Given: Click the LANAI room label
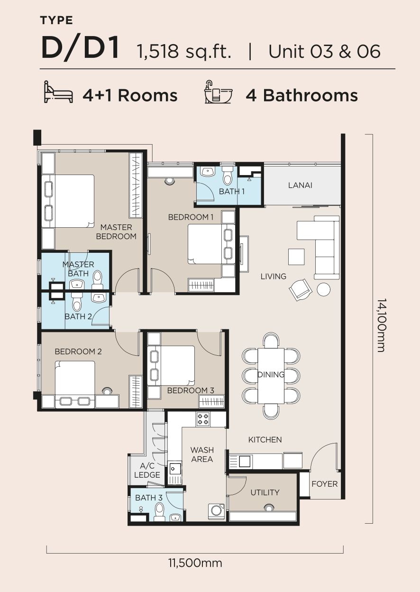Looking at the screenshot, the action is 300,185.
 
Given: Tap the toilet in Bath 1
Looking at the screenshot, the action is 227,176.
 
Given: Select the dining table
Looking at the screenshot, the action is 271,376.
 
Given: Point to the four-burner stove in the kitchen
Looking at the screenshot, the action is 203,419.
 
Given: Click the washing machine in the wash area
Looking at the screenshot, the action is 217,512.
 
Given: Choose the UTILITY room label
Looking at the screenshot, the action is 265,492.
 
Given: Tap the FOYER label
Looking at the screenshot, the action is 325,484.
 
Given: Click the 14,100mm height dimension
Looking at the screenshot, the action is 382,325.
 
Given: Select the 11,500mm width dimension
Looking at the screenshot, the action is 195,563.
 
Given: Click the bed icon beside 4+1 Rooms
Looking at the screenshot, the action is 58,92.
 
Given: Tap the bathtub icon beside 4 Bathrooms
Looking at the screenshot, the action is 218,92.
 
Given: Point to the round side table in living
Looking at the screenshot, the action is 323,289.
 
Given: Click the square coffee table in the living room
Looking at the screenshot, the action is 296,257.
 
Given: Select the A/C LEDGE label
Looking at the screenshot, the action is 147,470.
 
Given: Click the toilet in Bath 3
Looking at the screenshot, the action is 159,511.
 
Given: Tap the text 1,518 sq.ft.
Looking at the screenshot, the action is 184,51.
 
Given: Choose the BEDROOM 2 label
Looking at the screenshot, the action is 78,351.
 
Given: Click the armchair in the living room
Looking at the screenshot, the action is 301,289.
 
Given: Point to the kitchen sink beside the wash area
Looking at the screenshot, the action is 175,469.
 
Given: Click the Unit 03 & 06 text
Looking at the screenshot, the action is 324,51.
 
